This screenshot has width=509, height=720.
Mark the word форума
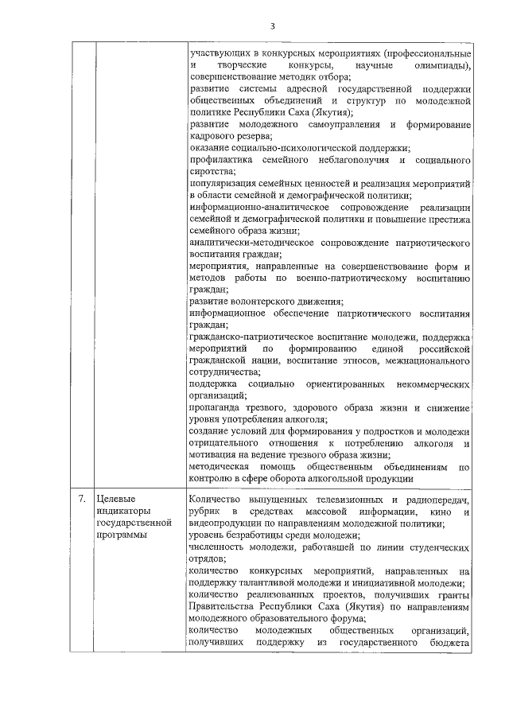(348, 619)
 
